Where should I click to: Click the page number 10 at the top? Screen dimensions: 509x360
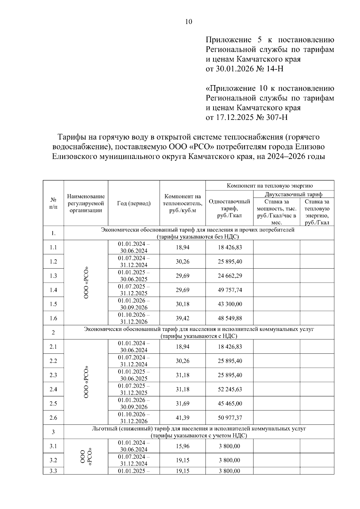tap(189, 22)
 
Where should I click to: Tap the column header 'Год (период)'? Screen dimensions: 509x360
tap(134, 203)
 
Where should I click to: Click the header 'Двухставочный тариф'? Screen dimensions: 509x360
tap(293, 194)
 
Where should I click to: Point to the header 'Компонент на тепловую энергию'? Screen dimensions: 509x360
tap(270, 185)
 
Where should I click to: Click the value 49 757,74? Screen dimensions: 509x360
tap(230, 290)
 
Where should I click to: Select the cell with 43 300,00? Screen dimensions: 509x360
tap(230, 304)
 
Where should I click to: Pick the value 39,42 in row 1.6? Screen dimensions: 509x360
tap(182, 318)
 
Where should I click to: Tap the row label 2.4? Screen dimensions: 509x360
tap(53, 389)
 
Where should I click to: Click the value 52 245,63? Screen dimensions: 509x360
tap(230, 389)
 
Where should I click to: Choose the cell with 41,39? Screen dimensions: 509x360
tap(182, 418)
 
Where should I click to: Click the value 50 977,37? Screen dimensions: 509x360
tap(230, 418)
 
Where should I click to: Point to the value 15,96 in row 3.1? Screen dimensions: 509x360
tap(182, 446)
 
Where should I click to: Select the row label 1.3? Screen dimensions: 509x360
tap(53, 276)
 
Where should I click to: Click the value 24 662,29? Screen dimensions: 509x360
tap(230, 276)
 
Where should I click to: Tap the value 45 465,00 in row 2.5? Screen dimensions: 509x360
tap(230, 403)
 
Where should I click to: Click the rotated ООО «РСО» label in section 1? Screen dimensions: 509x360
tap(86, 282)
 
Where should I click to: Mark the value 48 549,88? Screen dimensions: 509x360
tap(230, 318)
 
